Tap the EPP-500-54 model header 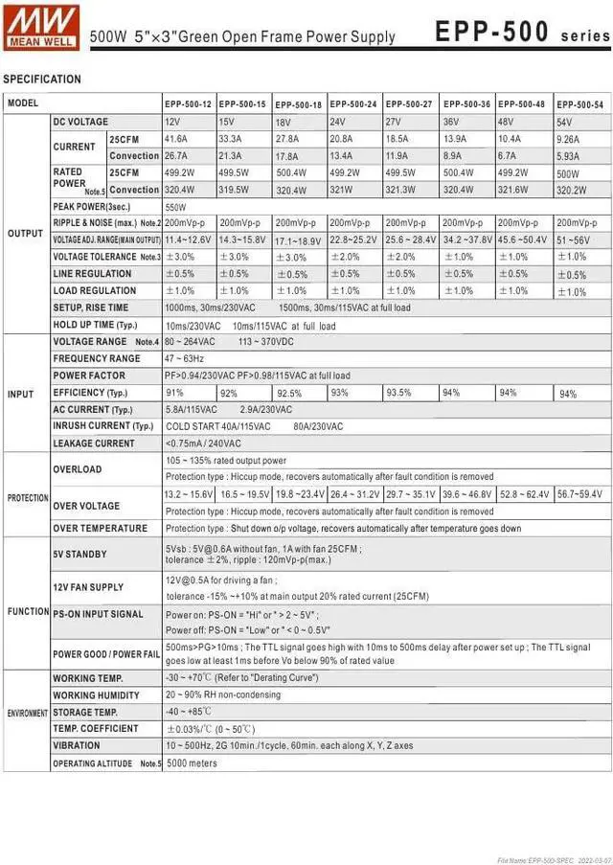coord(579,103)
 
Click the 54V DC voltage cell coord(564,123)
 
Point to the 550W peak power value coord(176,207)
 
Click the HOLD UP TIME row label coord(95,326)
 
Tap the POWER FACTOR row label coord(89,376)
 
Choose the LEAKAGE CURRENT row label coord(94,444)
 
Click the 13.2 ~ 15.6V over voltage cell coord(189,494)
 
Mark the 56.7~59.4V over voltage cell coord(579,494)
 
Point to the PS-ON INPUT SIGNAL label coord(98,614)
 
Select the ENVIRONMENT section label coord(27,714)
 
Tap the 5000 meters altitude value coord(192,763)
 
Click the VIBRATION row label coord(77,745)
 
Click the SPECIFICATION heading coord(42,80)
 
